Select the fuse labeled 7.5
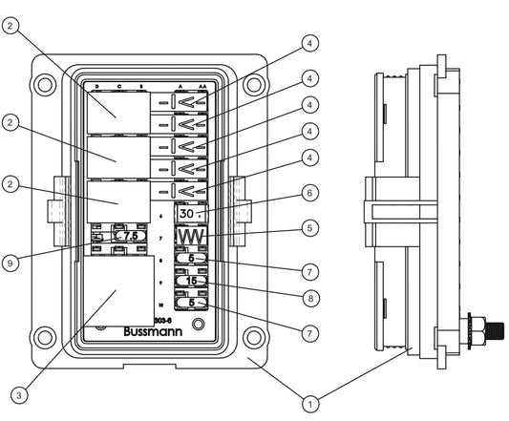coord(127,235)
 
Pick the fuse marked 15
coord(192,282)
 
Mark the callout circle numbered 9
coord(10,261)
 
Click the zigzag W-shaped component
coord(192,237)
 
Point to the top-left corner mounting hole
coord(43,83)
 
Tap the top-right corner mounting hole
coord(253,83)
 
